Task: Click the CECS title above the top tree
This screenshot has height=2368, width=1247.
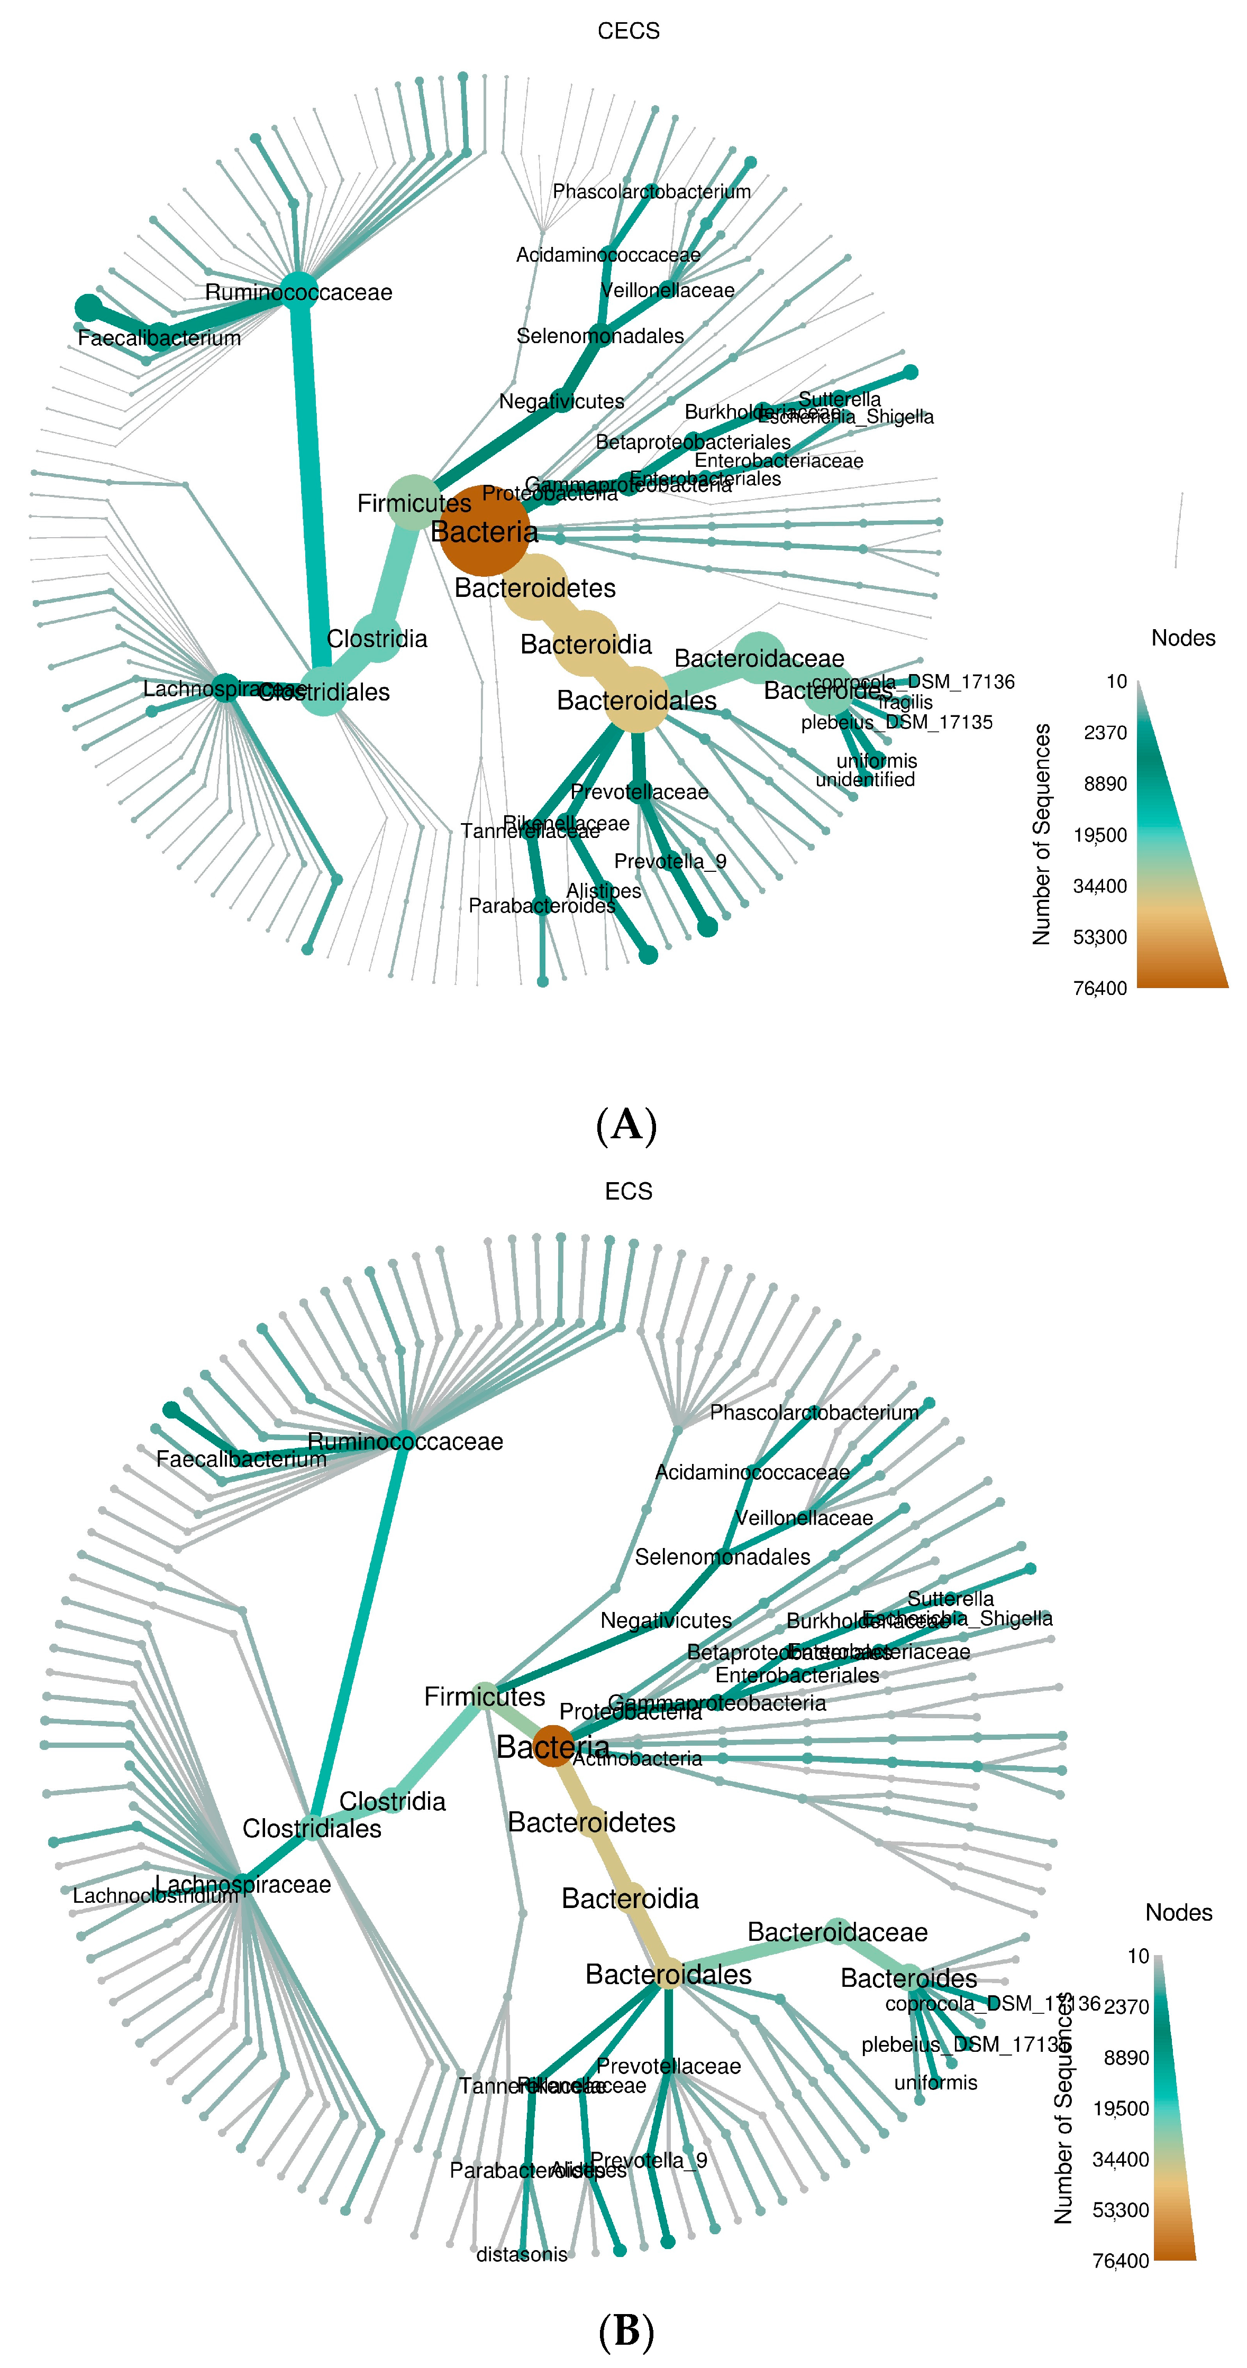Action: point(628,31)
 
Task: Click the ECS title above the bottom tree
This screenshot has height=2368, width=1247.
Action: point(628,1191)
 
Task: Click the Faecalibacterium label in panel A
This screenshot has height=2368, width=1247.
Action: point(159,338)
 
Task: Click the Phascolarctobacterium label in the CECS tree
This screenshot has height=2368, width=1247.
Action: point(651,191)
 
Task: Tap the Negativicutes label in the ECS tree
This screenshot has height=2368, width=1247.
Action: point(666,1620)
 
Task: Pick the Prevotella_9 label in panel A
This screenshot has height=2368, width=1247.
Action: point(669,861)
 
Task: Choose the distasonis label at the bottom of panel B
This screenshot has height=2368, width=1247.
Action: point(522,2254)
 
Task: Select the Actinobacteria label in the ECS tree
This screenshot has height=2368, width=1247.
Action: point(638,1758)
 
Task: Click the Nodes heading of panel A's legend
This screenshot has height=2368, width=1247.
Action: point(1182,638)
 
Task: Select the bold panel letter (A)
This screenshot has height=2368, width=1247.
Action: point(626,1123)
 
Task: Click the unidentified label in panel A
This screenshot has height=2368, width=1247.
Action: point(864,779)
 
